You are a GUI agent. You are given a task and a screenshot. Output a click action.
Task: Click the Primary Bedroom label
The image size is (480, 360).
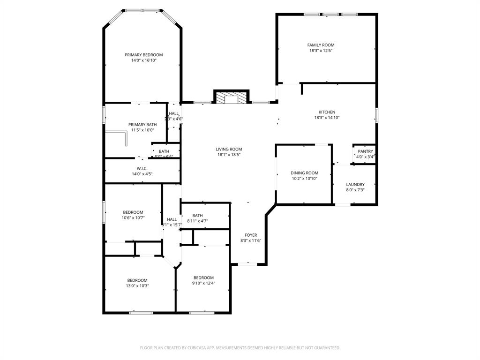tap(143, 55)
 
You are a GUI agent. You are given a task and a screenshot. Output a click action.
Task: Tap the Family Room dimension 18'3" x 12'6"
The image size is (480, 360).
tap(321, 51)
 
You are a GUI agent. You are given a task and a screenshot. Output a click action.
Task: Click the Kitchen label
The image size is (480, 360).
tap(327, 112)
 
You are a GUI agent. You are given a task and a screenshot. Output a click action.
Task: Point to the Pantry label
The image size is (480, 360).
tap(365, 151)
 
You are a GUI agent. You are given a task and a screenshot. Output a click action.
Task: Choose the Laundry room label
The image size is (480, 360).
tap(355, 184)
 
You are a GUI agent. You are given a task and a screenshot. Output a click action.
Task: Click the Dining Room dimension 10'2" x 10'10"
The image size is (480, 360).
tap(305, 179)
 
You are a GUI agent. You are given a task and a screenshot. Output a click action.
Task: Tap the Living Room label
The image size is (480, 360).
tap(229, 149)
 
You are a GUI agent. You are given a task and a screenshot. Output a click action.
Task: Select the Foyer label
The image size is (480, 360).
tap(251, 235)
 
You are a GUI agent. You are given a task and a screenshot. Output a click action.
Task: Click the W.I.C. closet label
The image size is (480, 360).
tap(142, 168)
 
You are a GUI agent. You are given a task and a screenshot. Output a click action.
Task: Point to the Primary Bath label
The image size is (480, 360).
tap(142, 124)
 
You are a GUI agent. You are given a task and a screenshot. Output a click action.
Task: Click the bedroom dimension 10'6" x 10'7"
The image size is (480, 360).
tap(133, 218)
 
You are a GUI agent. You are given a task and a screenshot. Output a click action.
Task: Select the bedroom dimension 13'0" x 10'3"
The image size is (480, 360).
tap(137, 286)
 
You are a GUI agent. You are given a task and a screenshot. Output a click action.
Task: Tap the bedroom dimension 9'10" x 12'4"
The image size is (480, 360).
tap(203, 283)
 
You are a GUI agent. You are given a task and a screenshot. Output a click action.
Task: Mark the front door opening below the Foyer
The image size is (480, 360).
tap(248, 265)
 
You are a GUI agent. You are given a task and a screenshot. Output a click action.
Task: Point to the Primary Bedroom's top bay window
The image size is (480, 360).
tap(143, 10)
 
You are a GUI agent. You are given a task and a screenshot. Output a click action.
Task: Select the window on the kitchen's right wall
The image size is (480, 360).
tap(376, 115)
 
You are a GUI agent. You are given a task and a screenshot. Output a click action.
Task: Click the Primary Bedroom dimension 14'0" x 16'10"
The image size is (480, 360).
tap(143, 60)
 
